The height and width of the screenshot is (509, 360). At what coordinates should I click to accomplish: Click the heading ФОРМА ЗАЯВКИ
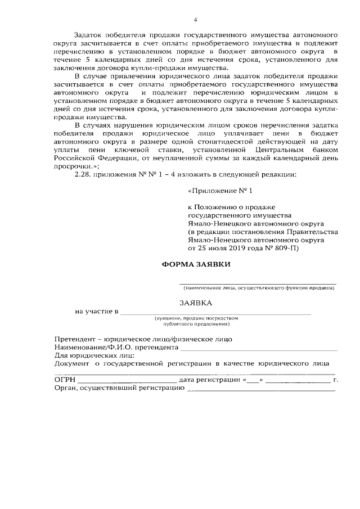pos(196,264)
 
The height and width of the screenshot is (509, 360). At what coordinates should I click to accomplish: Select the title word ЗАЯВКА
pos(196,303)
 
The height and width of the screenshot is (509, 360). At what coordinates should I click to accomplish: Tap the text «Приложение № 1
pos(215,191)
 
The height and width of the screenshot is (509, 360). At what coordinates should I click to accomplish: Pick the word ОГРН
pos(65,380)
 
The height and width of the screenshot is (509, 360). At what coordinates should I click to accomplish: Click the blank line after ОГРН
pos(127,381)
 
